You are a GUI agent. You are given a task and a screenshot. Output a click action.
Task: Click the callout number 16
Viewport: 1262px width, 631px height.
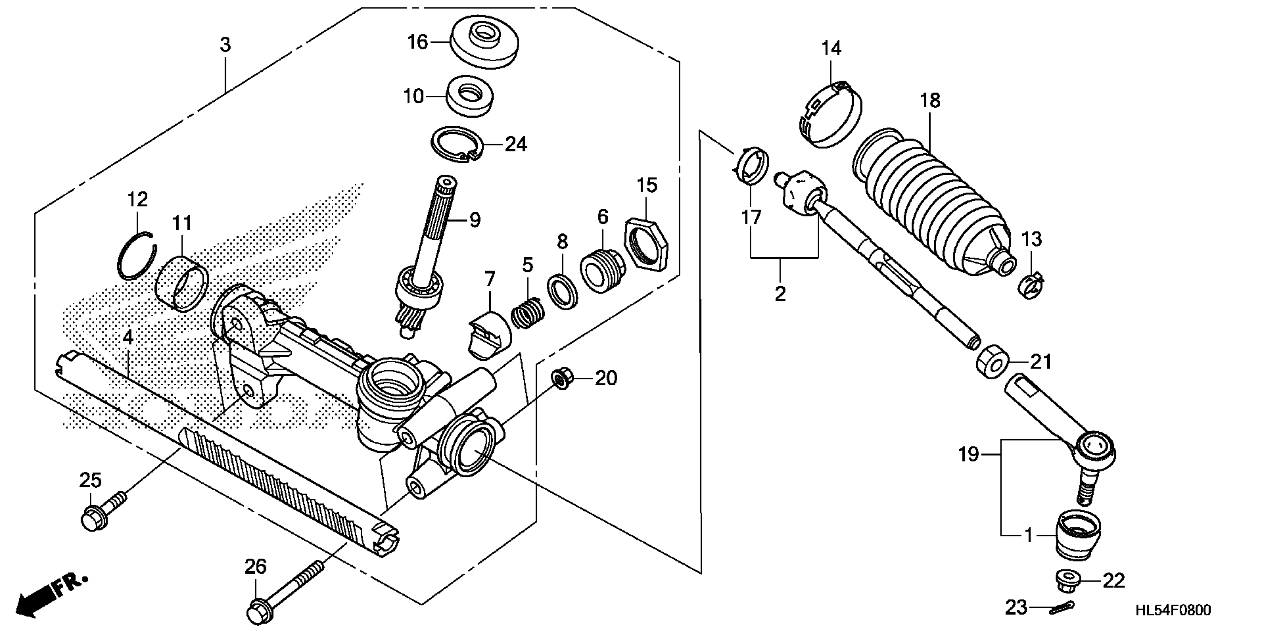(418, 42)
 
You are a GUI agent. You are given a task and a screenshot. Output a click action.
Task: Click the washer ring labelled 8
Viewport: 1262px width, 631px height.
(562, 291)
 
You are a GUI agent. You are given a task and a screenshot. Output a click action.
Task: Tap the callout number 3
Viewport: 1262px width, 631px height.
(225, 45)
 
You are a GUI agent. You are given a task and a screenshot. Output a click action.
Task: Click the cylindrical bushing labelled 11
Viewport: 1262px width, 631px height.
(182, 284)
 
